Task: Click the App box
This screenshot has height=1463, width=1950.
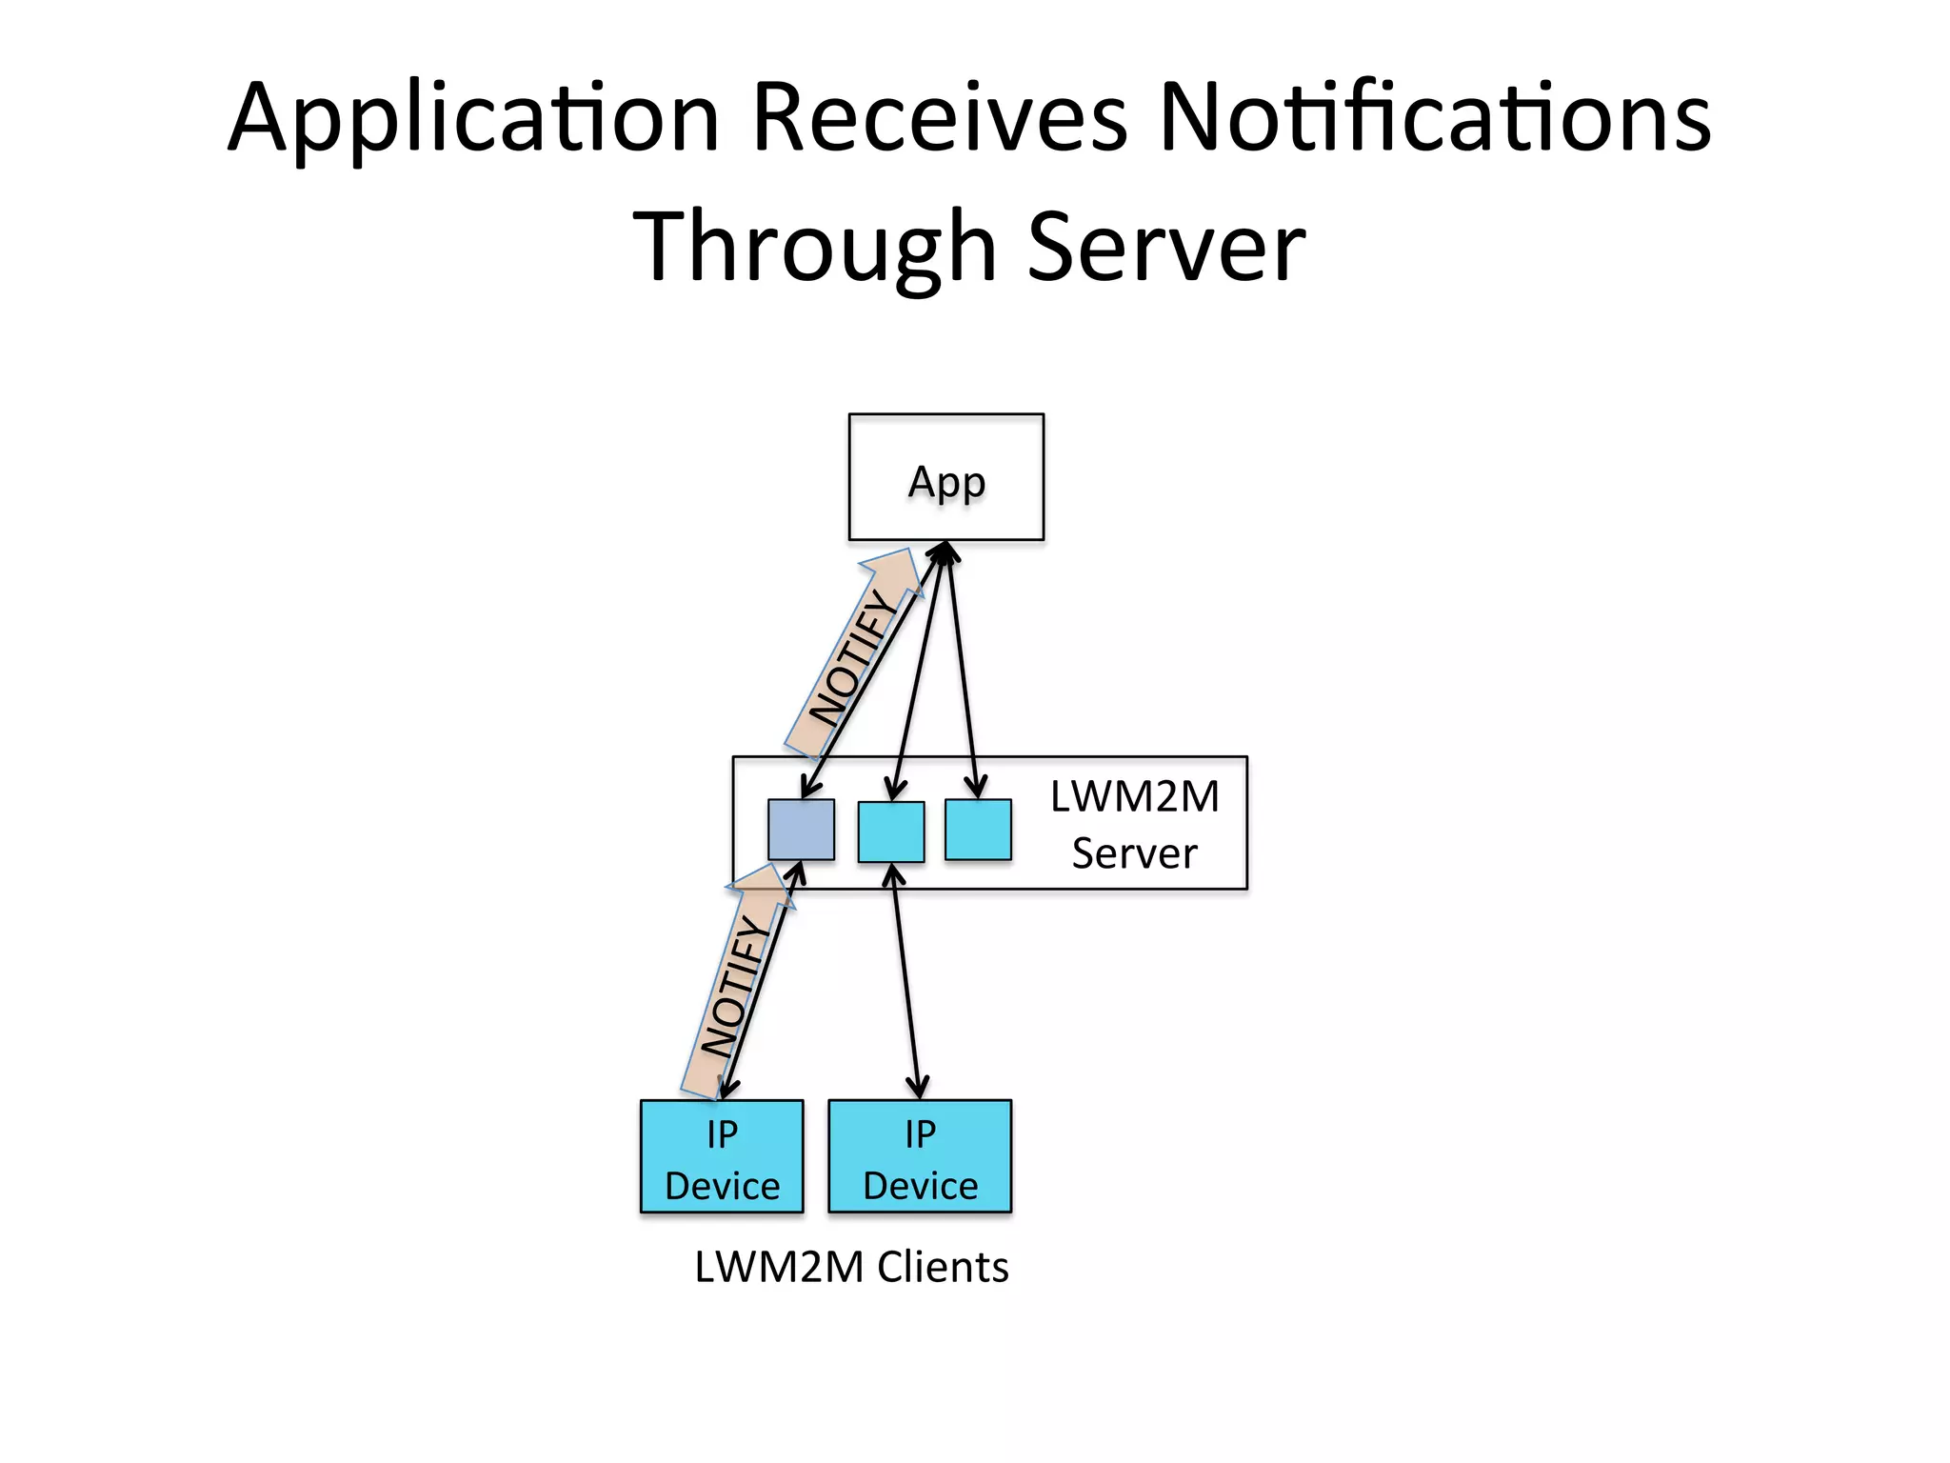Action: point(945,477)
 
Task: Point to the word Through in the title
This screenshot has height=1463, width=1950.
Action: point(814,247)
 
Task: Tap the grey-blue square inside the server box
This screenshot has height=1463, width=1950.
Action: point(801,830)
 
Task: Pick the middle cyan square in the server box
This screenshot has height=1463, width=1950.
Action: point(890,832)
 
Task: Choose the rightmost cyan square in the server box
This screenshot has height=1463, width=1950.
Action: point(978,830)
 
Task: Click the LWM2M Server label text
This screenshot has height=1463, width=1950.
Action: point(1134,824)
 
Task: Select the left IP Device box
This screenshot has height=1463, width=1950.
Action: point(722,1156)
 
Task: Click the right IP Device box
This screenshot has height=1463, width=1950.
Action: point(920,1156)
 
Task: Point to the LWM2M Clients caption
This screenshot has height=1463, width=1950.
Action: point(851,1267)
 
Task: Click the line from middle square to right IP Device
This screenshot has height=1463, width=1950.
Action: point(905,981)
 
